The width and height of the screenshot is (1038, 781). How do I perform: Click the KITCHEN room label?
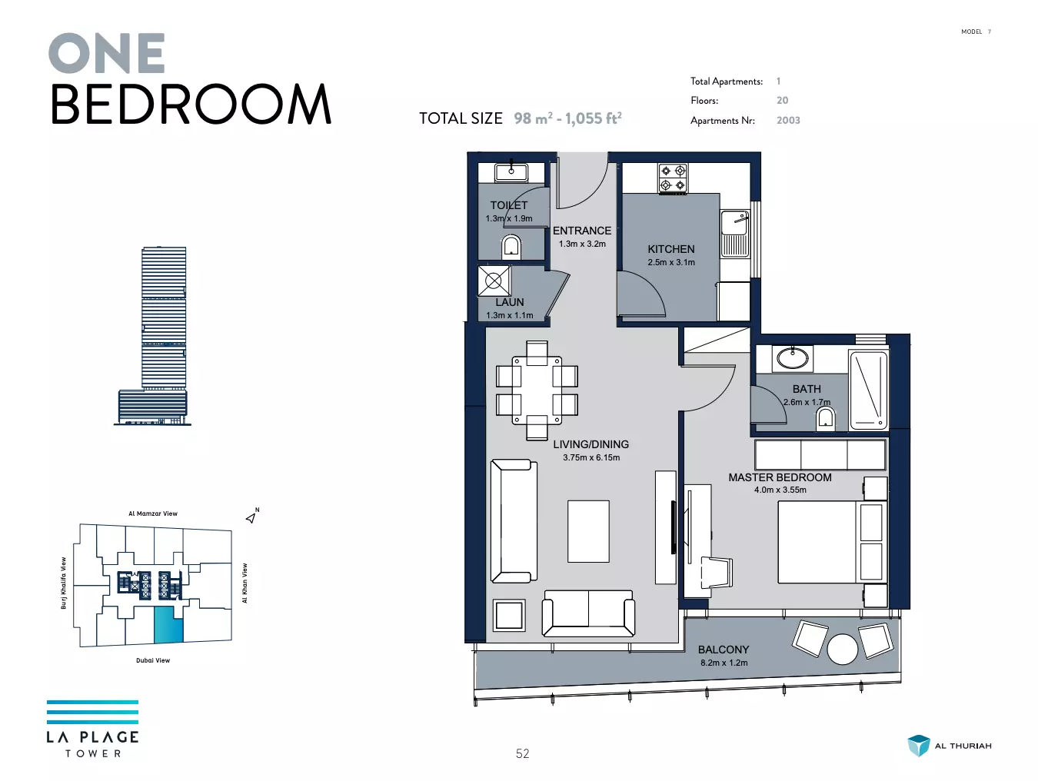pyautogui.click(x=670, y=249)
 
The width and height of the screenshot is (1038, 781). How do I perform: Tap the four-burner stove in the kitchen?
pyautogui.click(x=673, y=178)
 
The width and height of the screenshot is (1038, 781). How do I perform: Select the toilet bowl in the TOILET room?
pyautogui.click(x=511, y=247)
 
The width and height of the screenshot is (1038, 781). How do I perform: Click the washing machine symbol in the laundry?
pyautogui.click(x=494, y=281)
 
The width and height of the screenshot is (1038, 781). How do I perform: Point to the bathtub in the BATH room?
pyautogui.click(x=868, y=390)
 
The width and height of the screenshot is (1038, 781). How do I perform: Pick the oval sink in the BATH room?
pyautogui.click(x=793, y=358)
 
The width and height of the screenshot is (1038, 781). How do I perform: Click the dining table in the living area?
pyautogui.click(x=537, y=390)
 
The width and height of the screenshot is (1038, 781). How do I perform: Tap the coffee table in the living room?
pyautogui.click(x=588, y=531)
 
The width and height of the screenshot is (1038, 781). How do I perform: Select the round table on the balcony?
pyautogui.click(x=842, y=649)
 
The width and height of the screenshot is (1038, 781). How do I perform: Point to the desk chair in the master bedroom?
pyautogui.click(x=717, y=572)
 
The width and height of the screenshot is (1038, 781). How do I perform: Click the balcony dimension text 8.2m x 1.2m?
pyautogui.click(x=724, y=663)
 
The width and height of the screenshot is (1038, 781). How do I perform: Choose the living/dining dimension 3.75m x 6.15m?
pyautogui.click(x=591, y=457)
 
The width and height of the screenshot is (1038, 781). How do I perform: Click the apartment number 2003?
pyautogui.click(x=788, y=120)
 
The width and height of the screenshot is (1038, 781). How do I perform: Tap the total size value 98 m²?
pyautogui.click(x=533, y=118)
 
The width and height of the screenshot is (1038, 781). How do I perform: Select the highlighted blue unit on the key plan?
pyautogui.click(x=168, y=626)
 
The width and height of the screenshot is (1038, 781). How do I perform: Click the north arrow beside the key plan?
pyautogui.click(x=251, y=517)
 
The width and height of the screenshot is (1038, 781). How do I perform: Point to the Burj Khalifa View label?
pyautogui.click(x=63, y=583)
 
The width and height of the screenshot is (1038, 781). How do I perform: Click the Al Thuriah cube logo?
pyautogui.click(x=918, y=746)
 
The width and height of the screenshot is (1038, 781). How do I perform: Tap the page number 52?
pyautogui.click(x=523, y=753)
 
